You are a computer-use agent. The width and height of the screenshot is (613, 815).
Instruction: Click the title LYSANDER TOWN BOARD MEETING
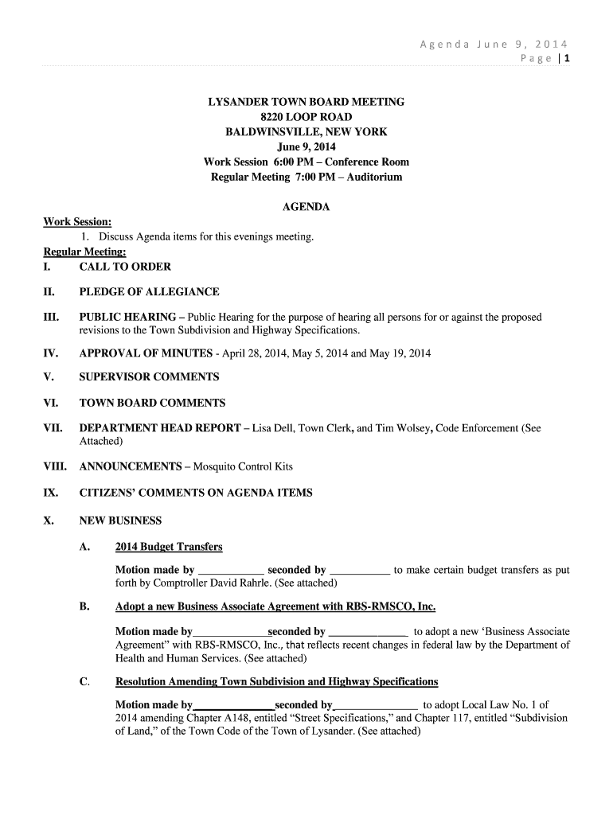pyautogui.click(x=306, y=102)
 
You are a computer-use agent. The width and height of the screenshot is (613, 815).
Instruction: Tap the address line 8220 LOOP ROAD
pyautogui.click(x=306, y=117)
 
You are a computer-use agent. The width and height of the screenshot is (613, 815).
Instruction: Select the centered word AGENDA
pyautogui.click(x=306, y=207)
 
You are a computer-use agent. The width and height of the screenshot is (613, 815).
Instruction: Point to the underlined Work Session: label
pyautogui.click(x=77, y=222)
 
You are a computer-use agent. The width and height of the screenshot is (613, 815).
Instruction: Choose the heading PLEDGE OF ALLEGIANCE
pyautogui.click(x=149, y=292)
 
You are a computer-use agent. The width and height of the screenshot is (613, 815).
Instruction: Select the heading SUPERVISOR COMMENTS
pyautogui.click(x=149, y=376)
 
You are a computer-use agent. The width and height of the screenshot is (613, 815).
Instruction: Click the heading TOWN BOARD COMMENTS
pyautogui.click(x=152, y=403)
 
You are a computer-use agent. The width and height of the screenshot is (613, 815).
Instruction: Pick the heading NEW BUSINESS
pyautogui.click(x=120, y=521)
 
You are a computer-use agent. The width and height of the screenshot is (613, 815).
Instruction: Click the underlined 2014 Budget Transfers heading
pyautogui.click(x=169, y=547)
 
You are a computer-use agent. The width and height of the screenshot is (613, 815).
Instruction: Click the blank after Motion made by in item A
pyautogui.click(x=230, y=571)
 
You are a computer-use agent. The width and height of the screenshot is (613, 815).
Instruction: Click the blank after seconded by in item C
pyautogui.click(x=377, y=705)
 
